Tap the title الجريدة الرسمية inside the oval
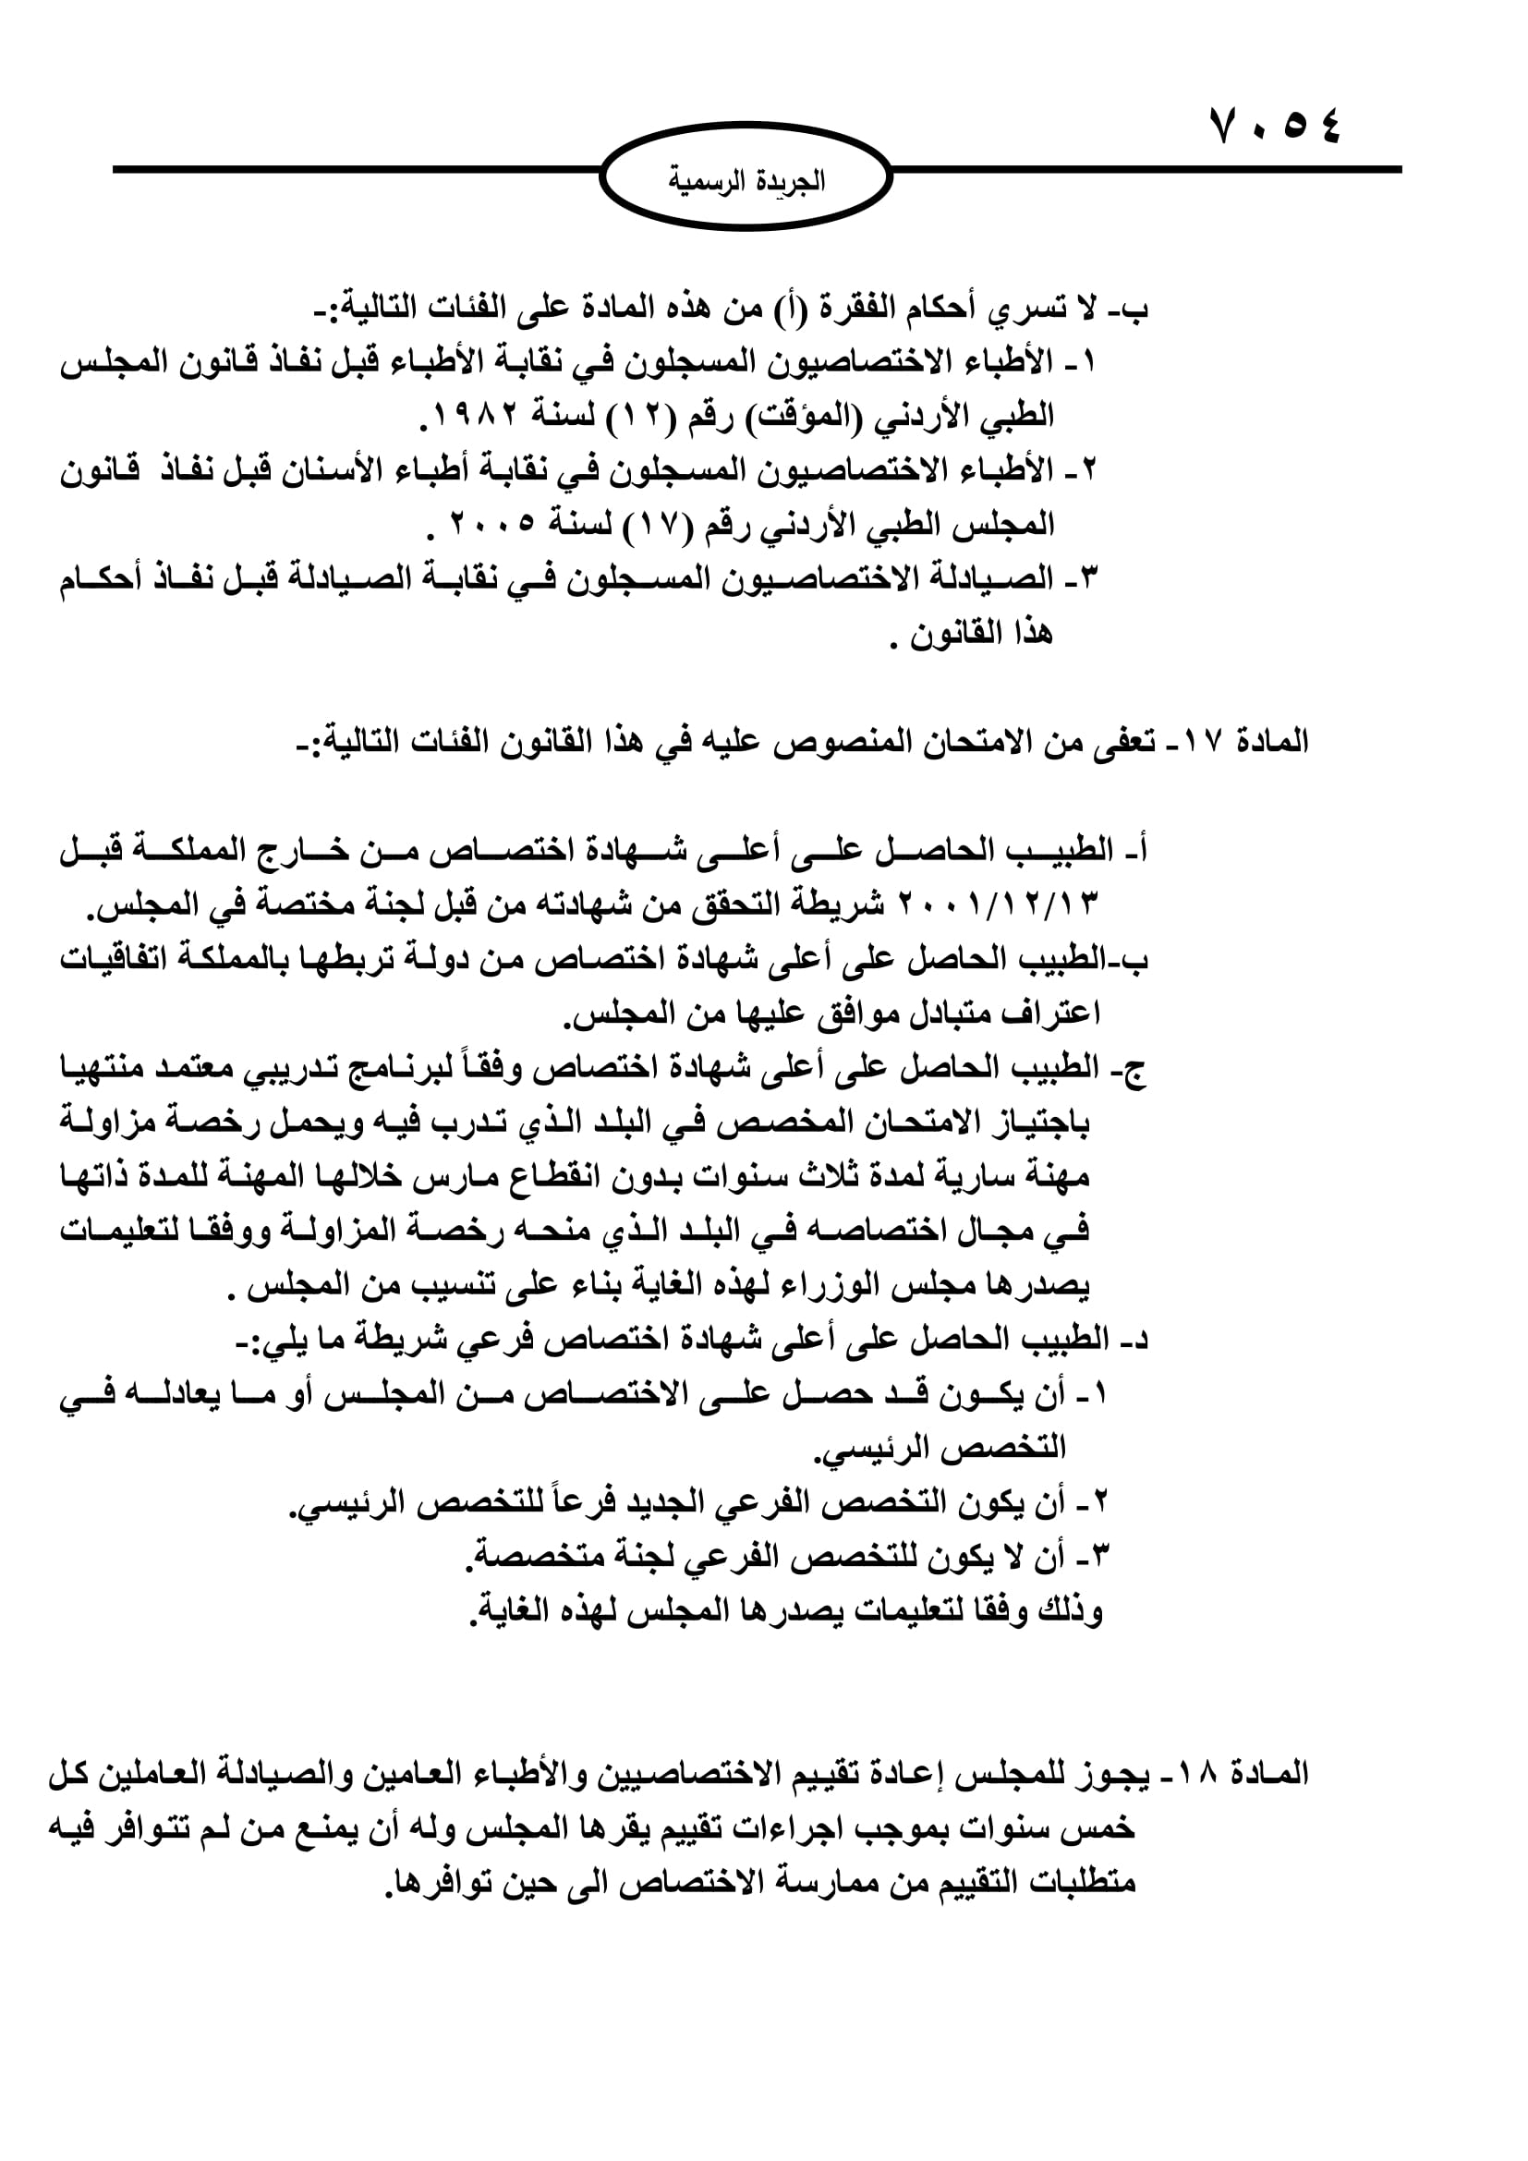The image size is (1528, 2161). click(746, 180)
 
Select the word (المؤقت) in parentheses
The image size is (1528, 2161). click(801, 415)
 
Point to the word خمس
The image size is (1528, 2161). click(1103, 1827)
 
